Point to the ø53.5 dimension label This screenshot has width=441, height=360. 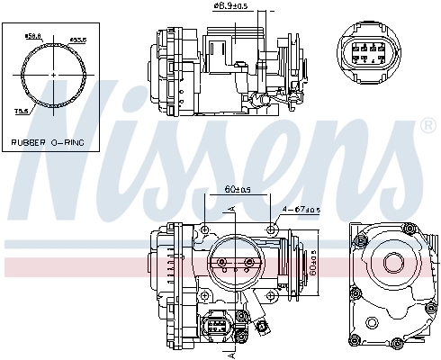[77, 40]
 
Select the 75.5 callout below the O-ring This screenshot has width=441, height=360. [19, 111]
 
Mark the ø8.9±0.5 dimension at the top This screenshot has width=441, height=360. [231, 8]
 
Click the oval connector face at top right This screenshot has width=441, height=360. [369, 52]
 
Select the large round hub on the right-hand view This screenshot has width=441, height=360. [392, 263]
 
